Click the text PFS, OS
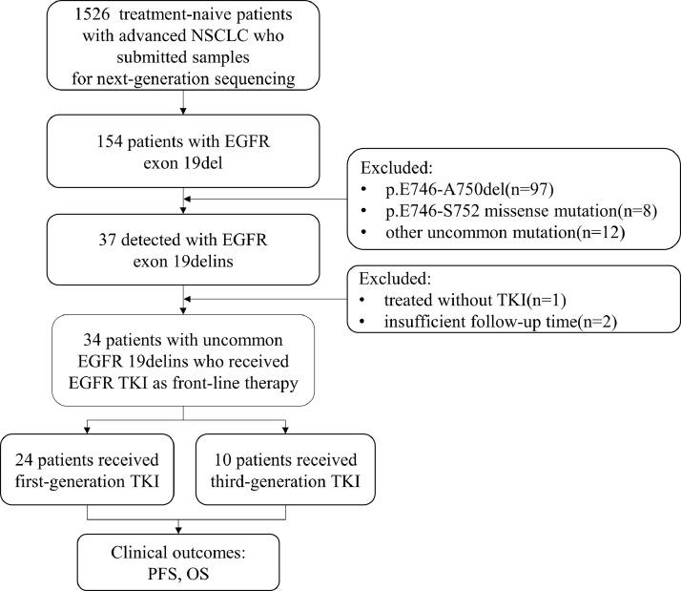click(x=180, y=574)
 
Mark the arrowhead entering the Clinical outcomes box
click(x=181, y=529)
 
